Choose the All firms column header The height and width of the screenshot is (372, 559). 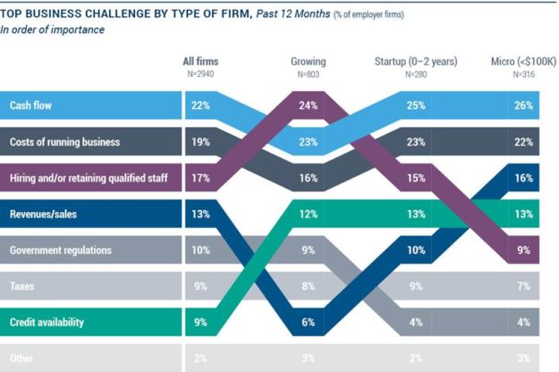pos(200,62)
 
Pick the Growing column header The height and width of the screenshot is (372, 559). pos(308,62)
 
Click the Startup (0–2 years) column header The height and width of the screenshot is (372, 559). pos(417,62)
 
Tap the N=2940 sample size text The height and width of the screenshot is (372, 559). pos(200,73)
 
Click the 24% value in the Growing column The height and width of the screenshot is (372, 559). pos(308,105)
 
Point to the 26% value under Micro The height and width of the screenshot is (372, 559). pos(524,105)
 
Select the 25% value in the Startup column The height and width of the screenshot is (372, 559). pos(417,105)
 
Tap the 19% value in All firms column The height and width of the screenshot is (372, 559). pos(199,142)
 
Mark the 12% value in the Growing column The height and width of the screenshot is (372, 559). pos(308,215)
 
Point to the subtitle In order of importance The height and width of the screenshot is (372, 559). pos(52,30)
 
